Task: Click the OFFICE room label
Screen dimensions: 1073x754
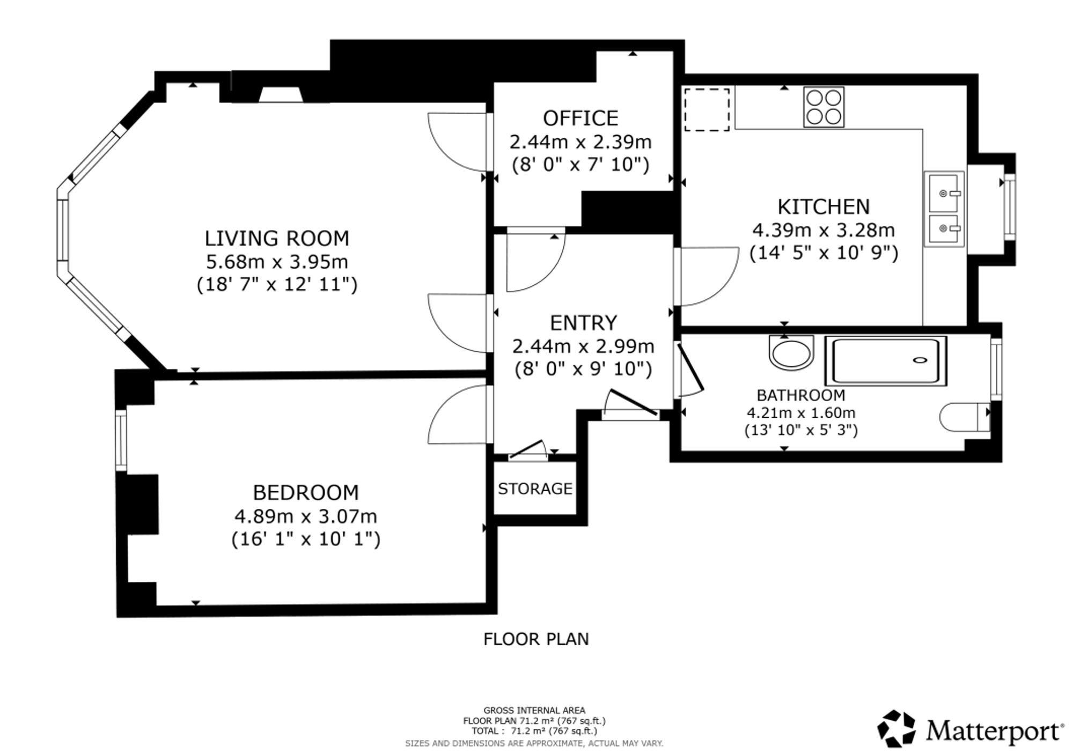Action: tap(580, 118)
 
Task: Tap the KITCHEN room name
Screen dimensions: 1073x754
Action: tap(824, 206)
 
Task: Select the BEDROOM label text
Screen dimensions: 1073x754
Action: tap(306, 492)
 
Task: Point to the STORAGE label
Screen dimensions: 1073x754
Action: tap(535, 489)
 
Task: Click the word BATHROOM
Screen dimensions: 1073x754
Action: tap(800, 395)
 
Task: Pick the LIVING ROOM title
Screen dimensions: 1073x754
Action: tap(277, 238)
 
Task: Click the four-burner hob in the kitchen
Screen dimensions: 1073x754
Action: tap(824, 107)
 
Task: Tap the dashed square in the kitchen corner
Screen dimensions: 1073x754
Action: tap(707, 109)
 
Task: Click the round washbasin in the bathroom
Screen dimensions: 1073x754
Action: tap(791, 353)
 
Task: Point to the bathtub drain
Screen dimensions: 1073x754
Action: tap(920, 360)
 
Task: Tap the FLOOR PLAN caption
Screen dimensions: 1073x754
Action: tap(536, 639)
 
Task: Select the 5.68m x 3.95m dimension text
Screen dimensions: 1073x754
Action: tap(277, 262)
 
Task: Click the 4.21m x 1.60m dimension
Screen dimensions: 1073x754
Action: tap(800, 413)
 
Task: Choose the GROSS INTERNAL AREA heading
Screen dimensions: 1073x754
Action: tap(534, 711)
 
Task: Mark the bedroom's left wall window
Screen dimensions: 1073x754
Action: tap(122, 440)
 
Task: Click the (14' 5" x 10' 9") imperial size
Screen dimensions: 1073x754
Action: tap(824, 253)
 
